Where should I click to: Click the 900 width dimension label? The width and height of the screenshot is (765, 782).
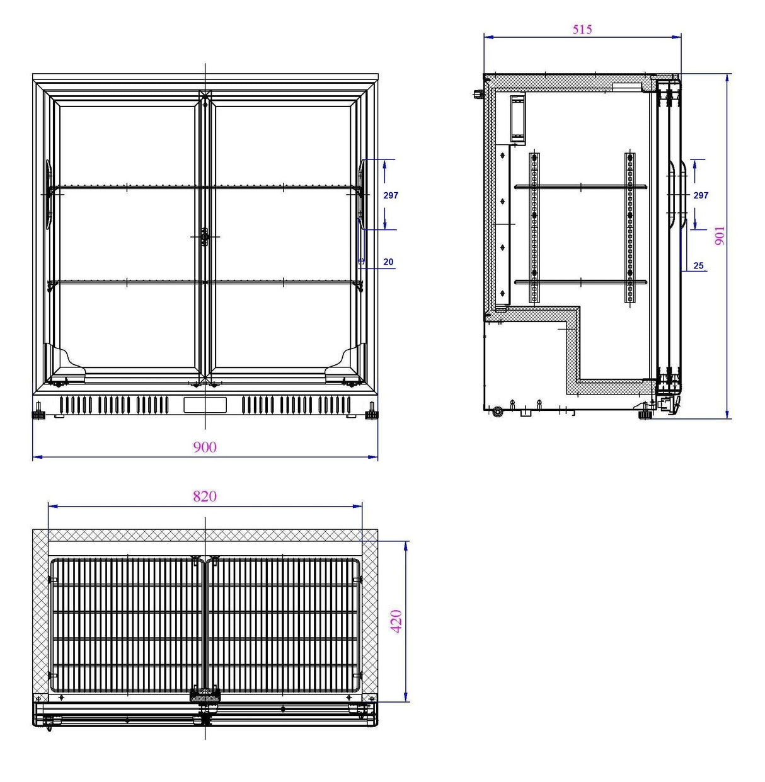pyautogui.click(x=205, y=447)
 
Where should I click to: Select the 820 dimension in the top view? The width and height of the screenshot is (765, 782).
pyautogui.click(x=205, y=497)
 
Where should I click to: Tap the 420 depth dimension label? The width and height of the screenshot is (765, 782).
pyautogui.click(x=396, y=621)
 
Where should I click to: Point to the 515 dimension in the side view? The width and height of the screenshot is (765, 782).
pyautogui.click(x=582, y=29)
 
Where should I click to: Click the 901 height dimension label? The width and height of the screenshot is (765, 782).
pyautogui.click(x=720, y=236)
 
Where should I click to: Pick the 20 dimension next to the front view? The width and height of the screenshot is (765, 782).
pyautogui.click(x=388, y=262)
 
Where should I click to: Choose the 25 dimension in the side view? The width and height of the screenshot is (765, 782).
pyautogui.click(x=698, y=265)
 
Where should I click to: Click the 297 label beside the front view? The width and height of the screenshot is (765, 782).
pyautogui.click(x=391, y=195)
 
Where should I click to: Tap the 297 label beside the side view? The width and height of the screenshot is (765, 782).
pyautogui.click(x=701, y=195)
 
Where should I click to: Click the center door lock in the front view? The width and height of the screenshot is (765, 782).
pyautogui.click(x=204, y=237)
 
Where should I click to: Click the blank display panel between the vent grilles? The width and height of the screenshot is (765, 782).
pyautogui.click(x=205, y=405)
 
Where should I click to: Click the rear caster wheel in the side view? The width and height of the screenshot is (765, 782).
pyautogui.click(x=498, y=413)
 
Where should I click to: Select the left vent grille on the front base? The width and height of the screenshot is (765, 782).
pyautogui.click(x=114, y=405)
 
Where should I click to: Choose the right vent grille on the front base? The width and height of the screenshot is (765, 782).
pyautogui.click(x=296, y=405)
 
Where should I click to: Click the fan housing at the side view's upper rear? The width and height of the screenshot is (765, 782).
pyautogui.click(x=517, y=118)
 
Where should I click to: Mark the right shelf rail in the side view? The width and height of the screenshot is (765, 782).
pyautogui.click(x=630, y=227)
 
